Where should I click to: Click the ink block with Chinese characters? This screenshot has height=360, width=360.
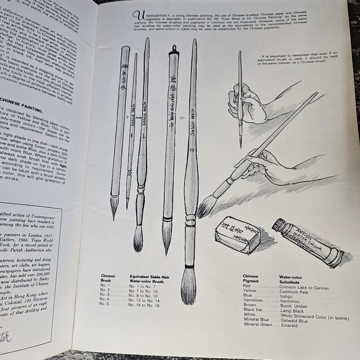[238, 236]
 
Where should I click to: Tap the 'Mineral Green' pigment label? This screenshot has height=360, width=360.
[256, 325]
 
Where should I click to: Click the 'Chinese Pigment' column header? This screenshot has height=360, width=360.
[251, 278]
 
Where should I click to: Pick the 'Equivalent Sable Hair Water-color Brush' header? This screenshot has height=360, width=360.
[147, 277]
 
